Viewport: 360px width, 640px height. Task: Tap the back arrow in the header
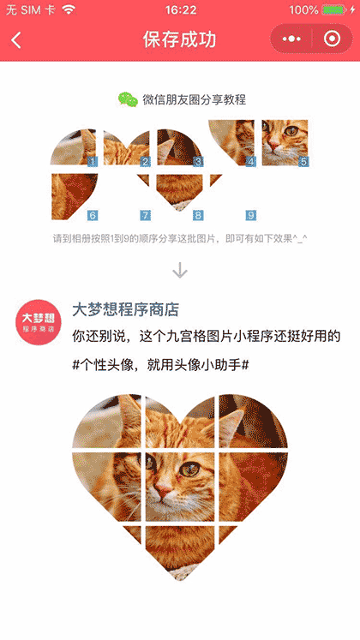(x=16, y=40)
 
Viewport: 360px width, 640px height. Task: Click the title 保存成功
(x=180, y=40)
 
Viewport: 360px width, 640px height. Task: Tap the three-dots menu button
(x=291, y=40)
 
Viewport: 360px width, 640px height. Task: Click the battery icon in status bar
(x=333, y=10)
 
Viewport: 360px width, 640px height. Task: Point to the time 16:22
(x=180, y=10)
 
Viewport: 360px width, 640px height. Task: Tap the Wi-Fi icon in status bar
(x=69, y=10)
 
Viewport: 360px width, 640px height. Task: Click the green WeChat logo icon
(x=128, y=100)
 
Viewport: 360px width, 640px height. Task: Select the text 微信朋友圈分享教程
(x=195, y=100)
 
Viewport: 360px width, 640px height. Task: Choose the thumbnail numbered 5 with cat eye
(x=285, y=142)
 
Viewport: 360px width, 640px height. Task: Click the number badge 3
(x=198, y=161)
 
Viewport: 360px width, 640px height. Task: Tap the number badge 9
(x=251, y=215)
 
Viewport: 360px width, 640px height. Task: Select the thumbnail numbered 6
(x=74, y=195)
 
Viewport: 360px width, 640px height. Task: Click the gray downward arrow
(x=180, y=270)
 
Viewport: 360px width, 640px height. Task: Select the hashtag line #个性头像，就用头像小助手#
(x=161, y=365)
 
